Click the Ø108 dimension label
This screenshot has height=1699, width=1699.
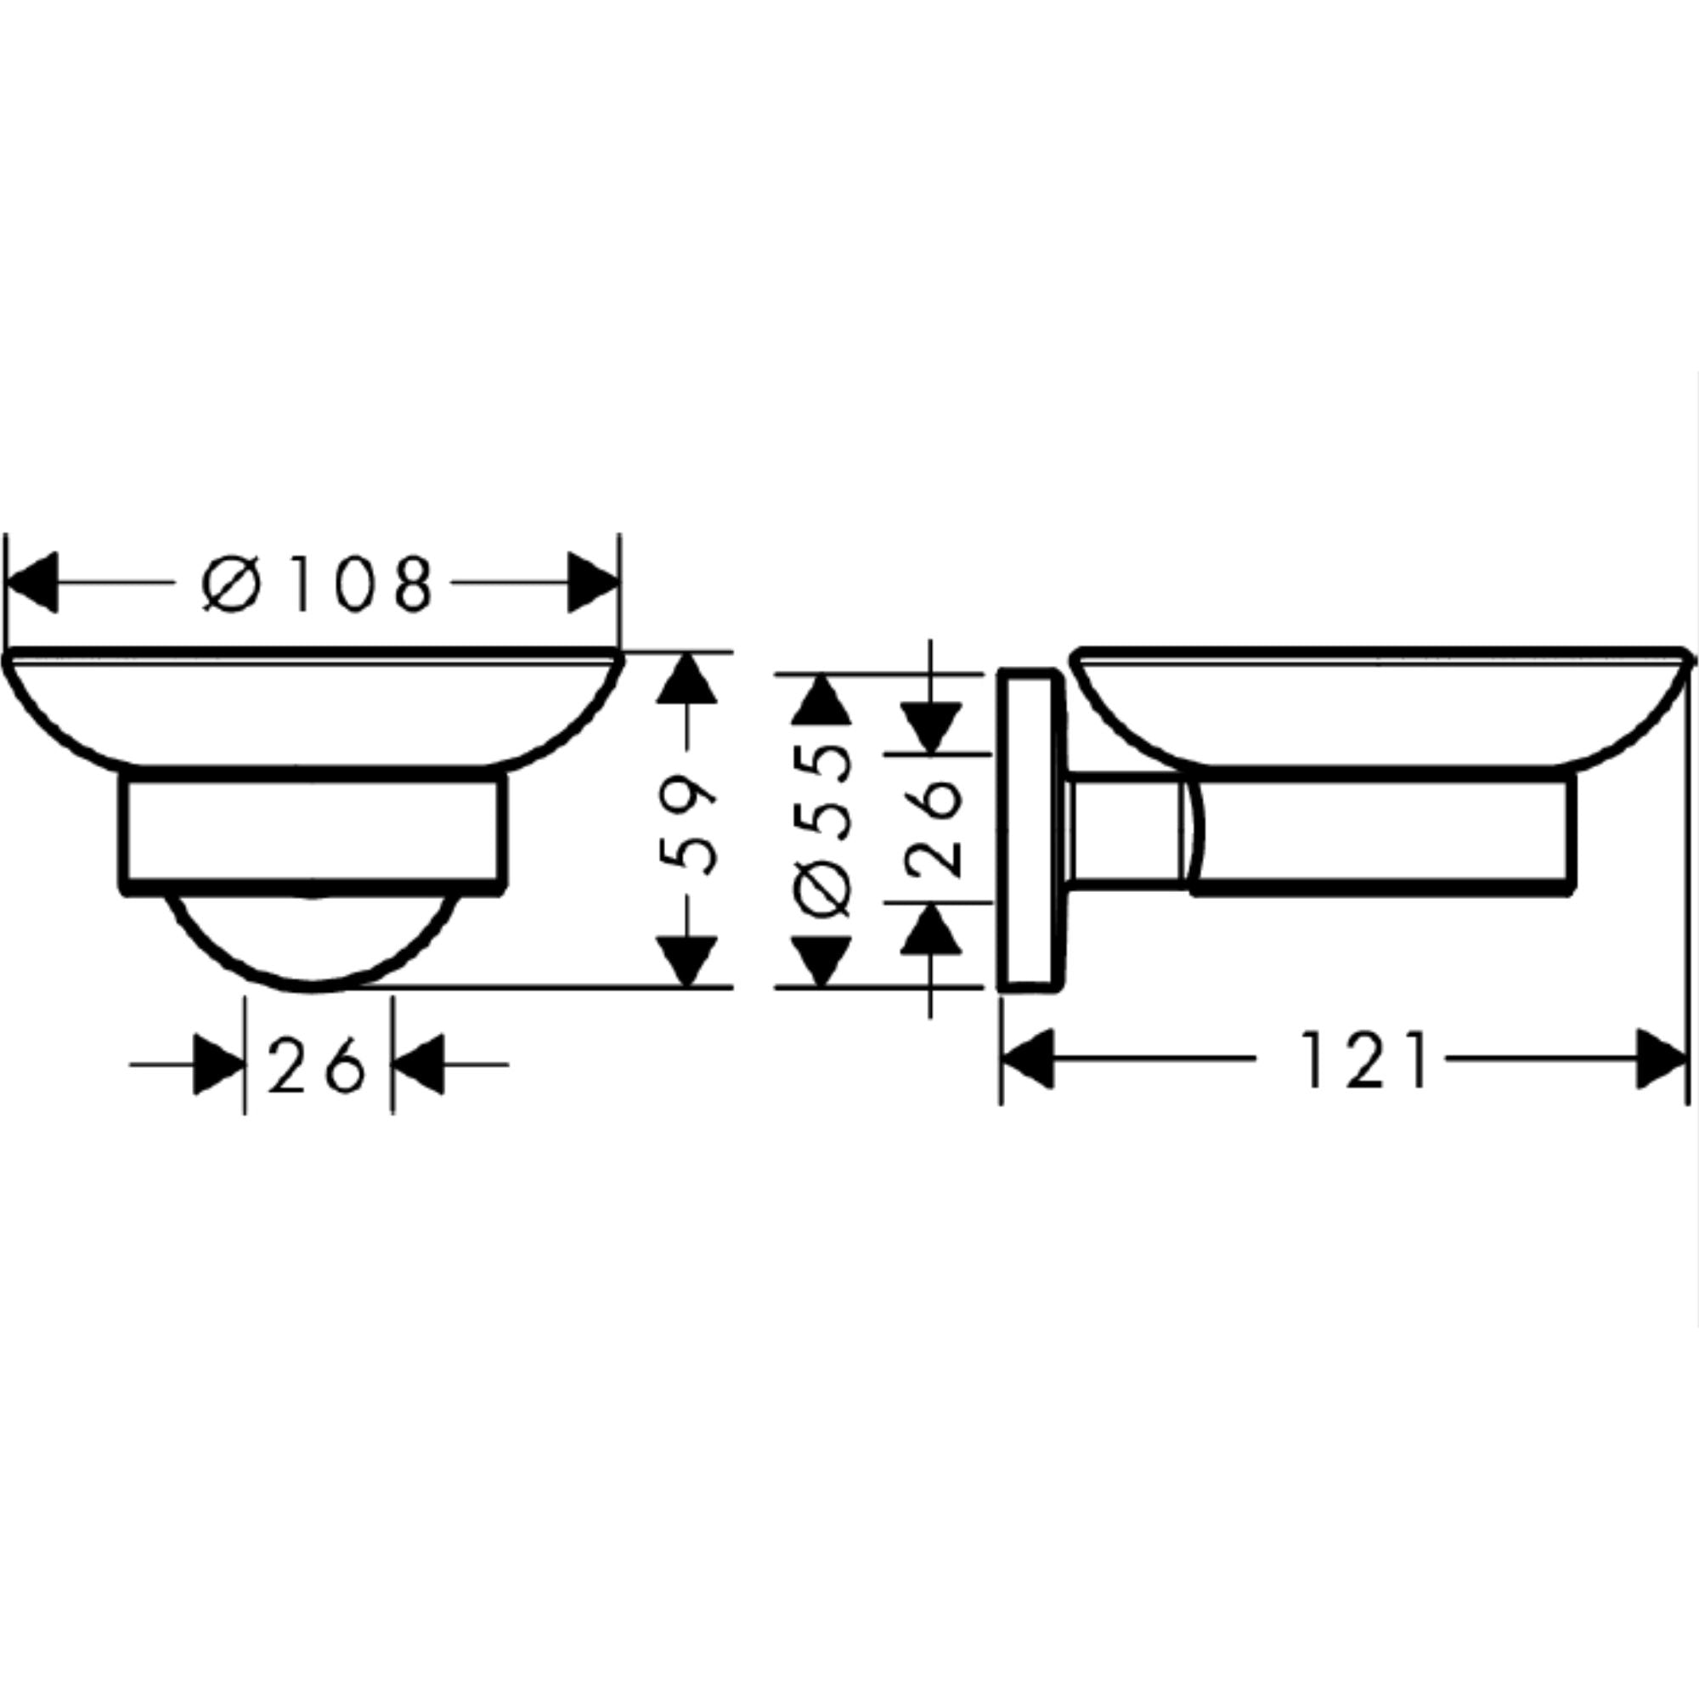(x=317, y=583)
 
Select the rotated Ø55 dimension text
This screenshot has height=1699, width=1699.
(x=822, y=830)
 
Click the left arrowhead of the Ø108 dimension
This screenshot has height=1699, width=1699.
(x=33, y=582)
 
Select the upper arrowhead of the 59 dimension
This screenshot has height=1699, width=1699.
(x=688, y=679)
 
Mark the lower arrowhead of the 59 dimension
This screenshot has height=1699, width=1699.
(x=688, y=960)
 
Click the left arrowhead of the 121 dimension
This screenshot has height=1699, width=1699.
(x=1029, y=1059)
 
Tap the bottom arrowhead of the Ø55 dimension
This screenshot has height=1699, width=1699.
(x=821, y=960)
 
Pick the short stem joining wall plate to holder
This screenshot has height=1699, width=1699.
(x=1124, y=830)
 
